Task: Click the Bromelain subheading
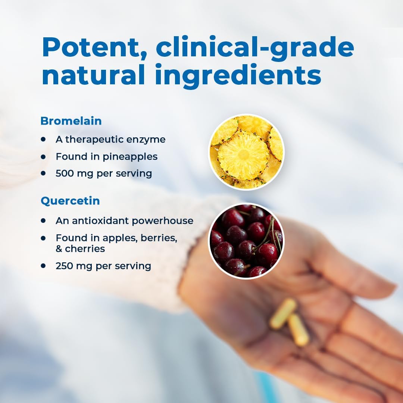(x=71, y=121)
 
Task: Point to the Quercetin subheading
(x=70, y=201)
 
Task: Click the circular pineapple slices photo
(x=246, y=152)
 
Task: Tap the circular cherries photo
(x=246, y=241)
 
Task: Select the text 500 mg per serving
(x=104, y=174)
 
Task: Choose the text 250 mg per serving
(x=103, y=266)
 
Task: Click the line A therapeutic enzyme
(x=110, y=139)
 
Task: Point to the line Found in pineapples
(x=107, y=156)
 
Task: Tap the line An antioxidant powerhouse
(x=125, y=221)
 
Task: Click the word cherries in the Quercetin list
(x=85, y=249)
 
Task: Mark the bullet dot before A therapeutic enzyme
(x=43, y=139)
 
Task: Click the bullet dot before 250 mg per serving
(x=43, y=266)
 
